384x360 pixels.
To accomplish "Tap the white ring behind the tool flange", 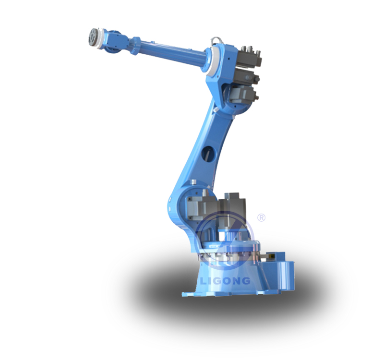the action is pos(100,39).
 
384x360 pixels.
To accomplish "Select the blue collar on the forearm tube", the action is pos(135,46).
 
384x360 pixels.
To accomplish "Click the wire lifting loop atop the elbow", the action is pos(217,40).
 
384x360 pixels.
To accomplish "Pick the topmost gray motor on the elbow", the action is pos(250,57).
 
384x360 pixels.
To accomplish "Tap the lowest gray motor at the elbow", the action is pos(243,96).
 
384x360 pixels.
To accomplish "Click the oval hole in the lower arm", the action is pos(209,154).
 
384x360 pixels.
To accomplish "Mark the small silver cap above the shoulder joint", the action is pos(194,182).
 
